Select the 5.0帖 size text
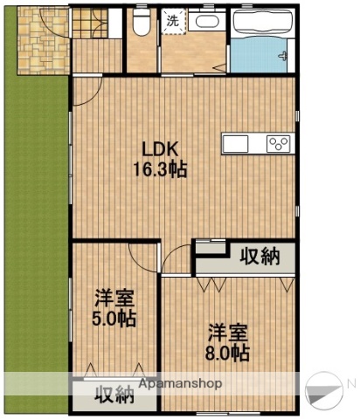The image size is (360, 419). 114,319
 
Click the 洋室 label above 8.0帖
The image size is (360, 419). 228,333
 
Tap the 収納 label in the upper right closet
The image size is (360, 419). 260,257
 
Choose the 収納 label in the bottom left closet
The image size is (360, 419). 114,395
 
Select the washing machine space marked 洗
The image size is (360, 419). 172,20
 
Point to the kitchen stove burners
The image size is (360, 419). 280,143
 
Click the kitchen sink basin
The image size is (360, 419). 238,143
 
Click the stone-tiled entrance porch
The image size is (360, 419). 38,39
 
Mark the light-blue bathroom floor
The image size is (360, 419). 262,58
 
